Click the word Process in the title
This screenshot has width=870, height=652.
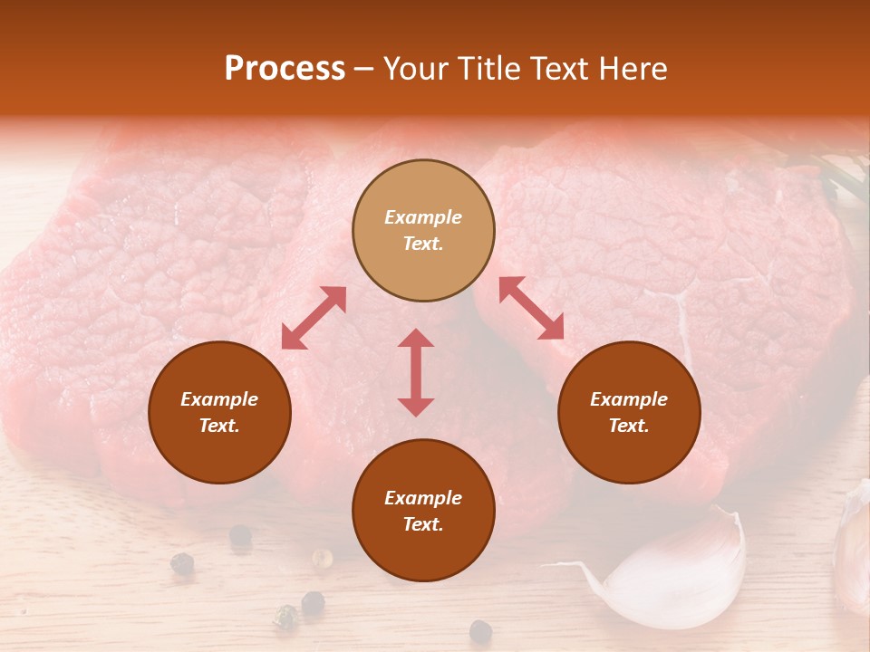[285, 69]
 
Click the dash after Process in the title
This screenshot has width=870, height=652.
[363, 70]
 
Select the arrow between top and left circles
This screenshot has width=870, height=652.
[314, 318]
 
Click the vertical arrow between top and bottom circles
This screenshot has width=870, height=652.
[416, 372]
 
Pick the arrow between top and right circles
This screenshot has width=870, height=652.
[531, 308]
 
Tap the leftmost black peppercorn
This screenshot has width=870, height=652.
[182, 563]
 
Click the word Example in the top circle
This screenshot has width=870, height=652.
[423, 217]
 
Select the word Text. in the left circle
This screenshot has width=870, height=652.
[219, 426]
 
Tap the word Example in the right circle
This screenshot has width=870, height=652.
[629, 399]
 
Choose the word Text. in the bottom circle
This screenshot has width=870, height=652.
[423, 524]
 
